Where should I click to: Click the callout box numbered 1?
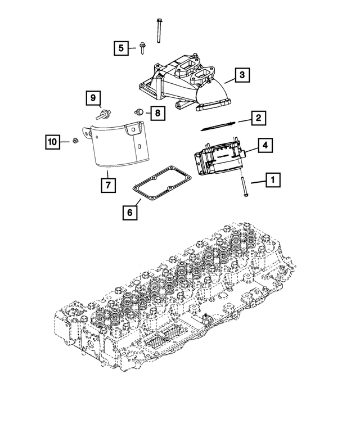(x=273, y=181)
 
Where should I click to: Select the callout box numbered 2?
(x=258, y=118)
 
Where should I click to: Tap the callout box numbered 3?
(x=241, y=75)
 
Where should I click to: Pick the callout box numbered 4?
(x=265, y=146)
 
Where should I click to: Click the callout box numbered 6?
(x=129, y=213)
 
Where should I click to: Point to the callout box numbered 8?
(x=157, y=113)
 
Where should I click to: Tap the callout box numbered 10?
(x=52, y=143)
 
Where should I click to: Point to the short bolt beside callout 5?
(x=141, y=48)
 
